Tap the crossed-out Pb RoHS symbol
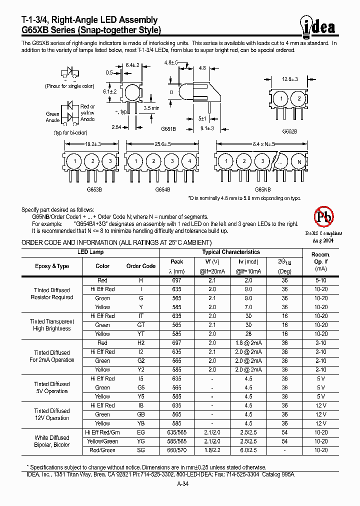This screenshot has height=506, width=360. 323,216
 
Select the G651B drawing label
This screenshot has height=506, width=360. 168,128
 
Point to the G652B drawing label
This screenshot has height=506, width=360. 289,131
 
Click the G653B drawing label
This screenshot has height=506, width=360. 94,190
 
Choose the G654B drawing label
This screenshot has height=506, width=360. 162,190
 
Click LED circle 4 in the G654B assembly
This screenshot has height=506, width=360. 189,162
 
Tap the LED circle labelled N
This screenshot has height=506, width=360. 299,162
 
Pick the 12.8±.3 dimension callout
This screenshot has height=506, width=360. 289,79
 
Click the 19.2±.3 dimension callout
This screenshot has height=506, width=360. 93,144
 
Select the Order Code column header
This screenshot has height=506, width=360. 141,266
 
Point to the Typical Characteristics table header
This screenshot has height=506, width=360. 231,252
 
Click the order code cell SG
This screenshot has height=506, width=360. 141,450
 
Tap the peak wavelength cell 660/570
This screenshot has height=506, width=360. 177,450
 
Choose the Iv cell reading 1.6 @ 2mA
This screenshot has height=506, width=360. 248,343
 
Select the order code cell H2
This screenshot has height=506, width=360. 141,343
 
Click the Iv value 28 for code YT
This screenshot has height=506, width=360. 248,334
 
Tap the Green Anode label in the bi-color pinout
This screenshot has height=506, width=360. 52,117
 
